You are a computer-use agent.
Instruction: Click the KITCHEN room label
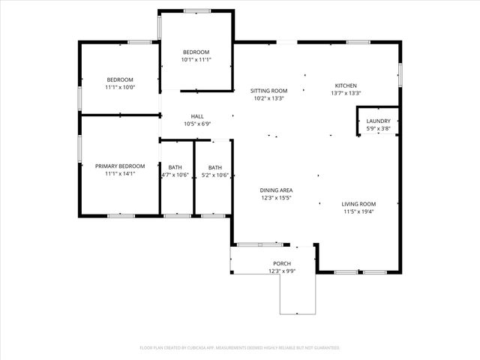346,85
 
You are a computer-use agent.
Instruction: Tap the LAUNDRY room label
378,121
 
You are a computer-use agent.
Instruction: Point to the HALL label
197,116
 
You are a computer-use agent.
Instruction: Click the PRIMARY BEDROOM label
120,166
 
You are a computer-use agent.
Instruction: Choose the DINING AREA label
276,190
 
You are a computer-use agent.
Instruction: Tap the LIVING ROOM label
359,204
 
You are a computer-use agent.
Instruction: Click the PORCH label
282,263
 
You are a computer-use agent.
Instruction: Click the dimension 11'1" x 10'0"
120,87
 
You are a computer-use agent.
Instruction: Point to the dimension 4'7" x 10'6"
175,175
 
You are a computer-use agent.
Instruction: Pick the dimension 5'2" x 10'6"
215,175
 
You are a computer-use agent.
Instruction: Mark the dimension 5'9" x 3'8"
378,128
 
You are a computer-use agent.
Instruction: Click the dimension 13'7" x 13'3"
346,93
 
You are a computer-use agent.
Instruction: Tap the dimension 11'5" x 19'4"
359,211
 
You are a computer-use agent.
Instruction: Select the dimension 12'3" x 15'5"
276,198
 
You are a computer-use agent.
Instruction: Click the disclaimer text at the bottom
240,348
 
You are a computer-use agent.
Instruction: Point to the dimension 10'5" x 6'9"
197,124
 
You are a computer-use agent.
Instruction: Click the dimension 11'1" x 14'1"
120,173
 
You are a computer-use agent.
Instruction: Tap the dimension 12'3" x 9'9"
282,271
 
